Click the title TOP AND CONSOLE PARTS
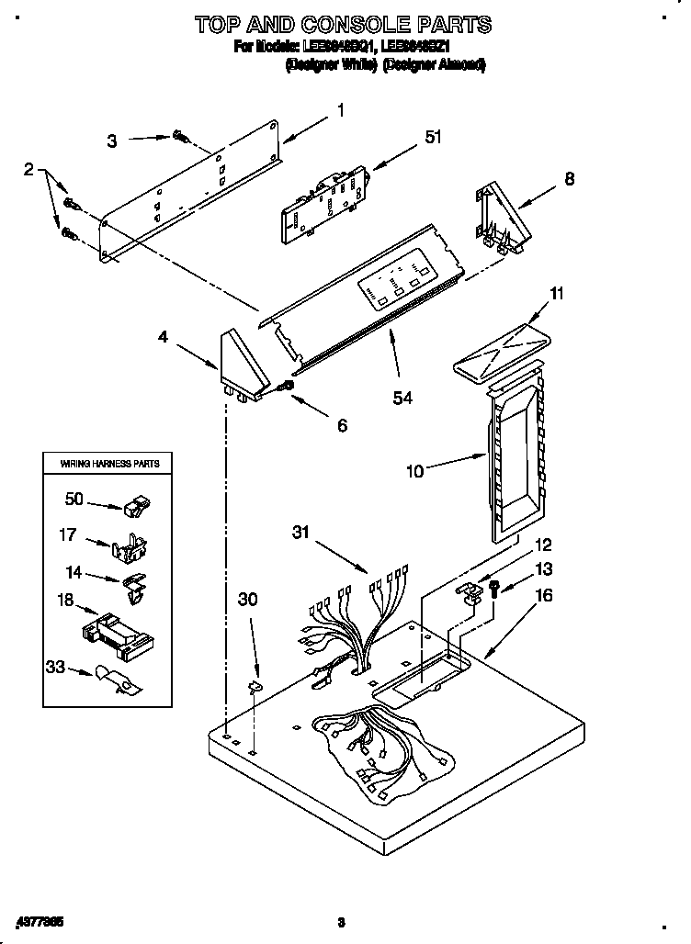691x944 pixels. (x=343, y=24)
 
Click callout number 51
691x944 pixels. (x=432, y=138)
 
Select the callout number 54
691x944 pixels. (x=402, y=397)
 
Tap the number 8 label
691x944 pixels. (x=570, y=180)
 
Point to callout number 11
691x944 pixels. (x=557, y=294)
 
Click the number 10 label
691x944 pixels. (x=415, y=471)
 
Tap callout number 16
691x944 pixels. (x=544, y=595)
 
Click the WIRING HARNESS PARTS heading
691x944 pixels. (x=110, y=464)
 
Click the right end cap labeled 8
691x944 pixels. (x=497, y=216)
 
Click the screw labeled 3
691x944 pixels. (x=180, y=139)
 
